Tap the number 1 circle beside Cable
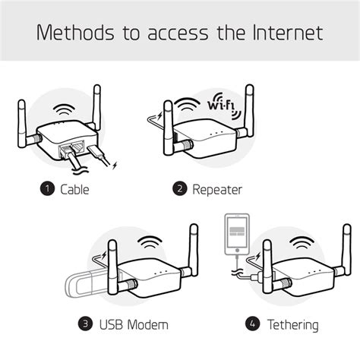point(48,189)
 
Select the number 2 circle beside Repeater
point(180,189)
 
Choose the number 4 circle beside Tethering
point(252,325)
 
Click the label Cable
point(74,189)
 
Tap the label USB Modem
point(132,325)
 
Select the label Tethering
point(292,325)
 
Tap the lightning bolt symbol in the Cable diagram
point(114,164)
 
